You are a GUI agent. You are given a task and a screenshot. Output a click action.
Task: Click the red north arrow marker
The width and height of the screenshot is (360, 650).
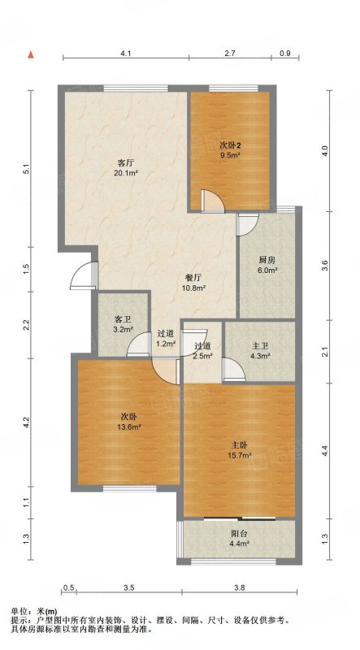coord(30,55)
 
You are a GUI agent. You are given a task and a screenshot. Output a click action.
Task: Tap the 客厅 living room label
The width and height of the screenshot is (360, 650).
coord(126,163)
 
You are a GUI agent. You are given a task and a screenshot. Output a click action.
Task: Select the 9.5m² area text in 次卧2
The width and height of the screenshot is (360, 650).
coord(231,155)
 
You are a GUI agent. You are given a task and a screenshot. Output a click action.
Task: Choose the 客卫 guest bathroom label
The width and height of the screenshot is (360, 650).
coord(123,319)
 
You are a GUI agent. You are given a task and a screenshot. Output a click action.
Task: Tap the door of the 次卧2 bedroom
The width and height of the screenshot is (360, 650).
coord(212,201)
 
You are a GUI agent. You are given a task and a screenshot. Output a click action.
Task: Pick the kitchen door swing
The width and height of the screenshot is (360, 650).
coord(247,225)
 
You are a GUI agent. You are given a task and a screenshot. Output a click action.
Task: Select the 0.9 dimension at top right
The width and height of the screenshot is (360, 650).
coord(285,53)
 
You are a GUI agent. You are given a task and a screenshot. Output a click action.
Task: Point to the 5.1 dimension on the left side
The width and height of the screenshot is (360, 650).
coord(26,169)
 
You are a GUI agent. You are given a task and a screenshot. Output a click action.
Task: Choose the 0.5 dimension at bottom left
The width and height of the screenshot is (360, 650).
coord(69,587)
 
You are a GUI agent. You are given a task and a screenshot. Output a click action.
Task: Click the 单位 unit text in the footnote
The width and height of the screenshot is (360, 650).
coord(19,611)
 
